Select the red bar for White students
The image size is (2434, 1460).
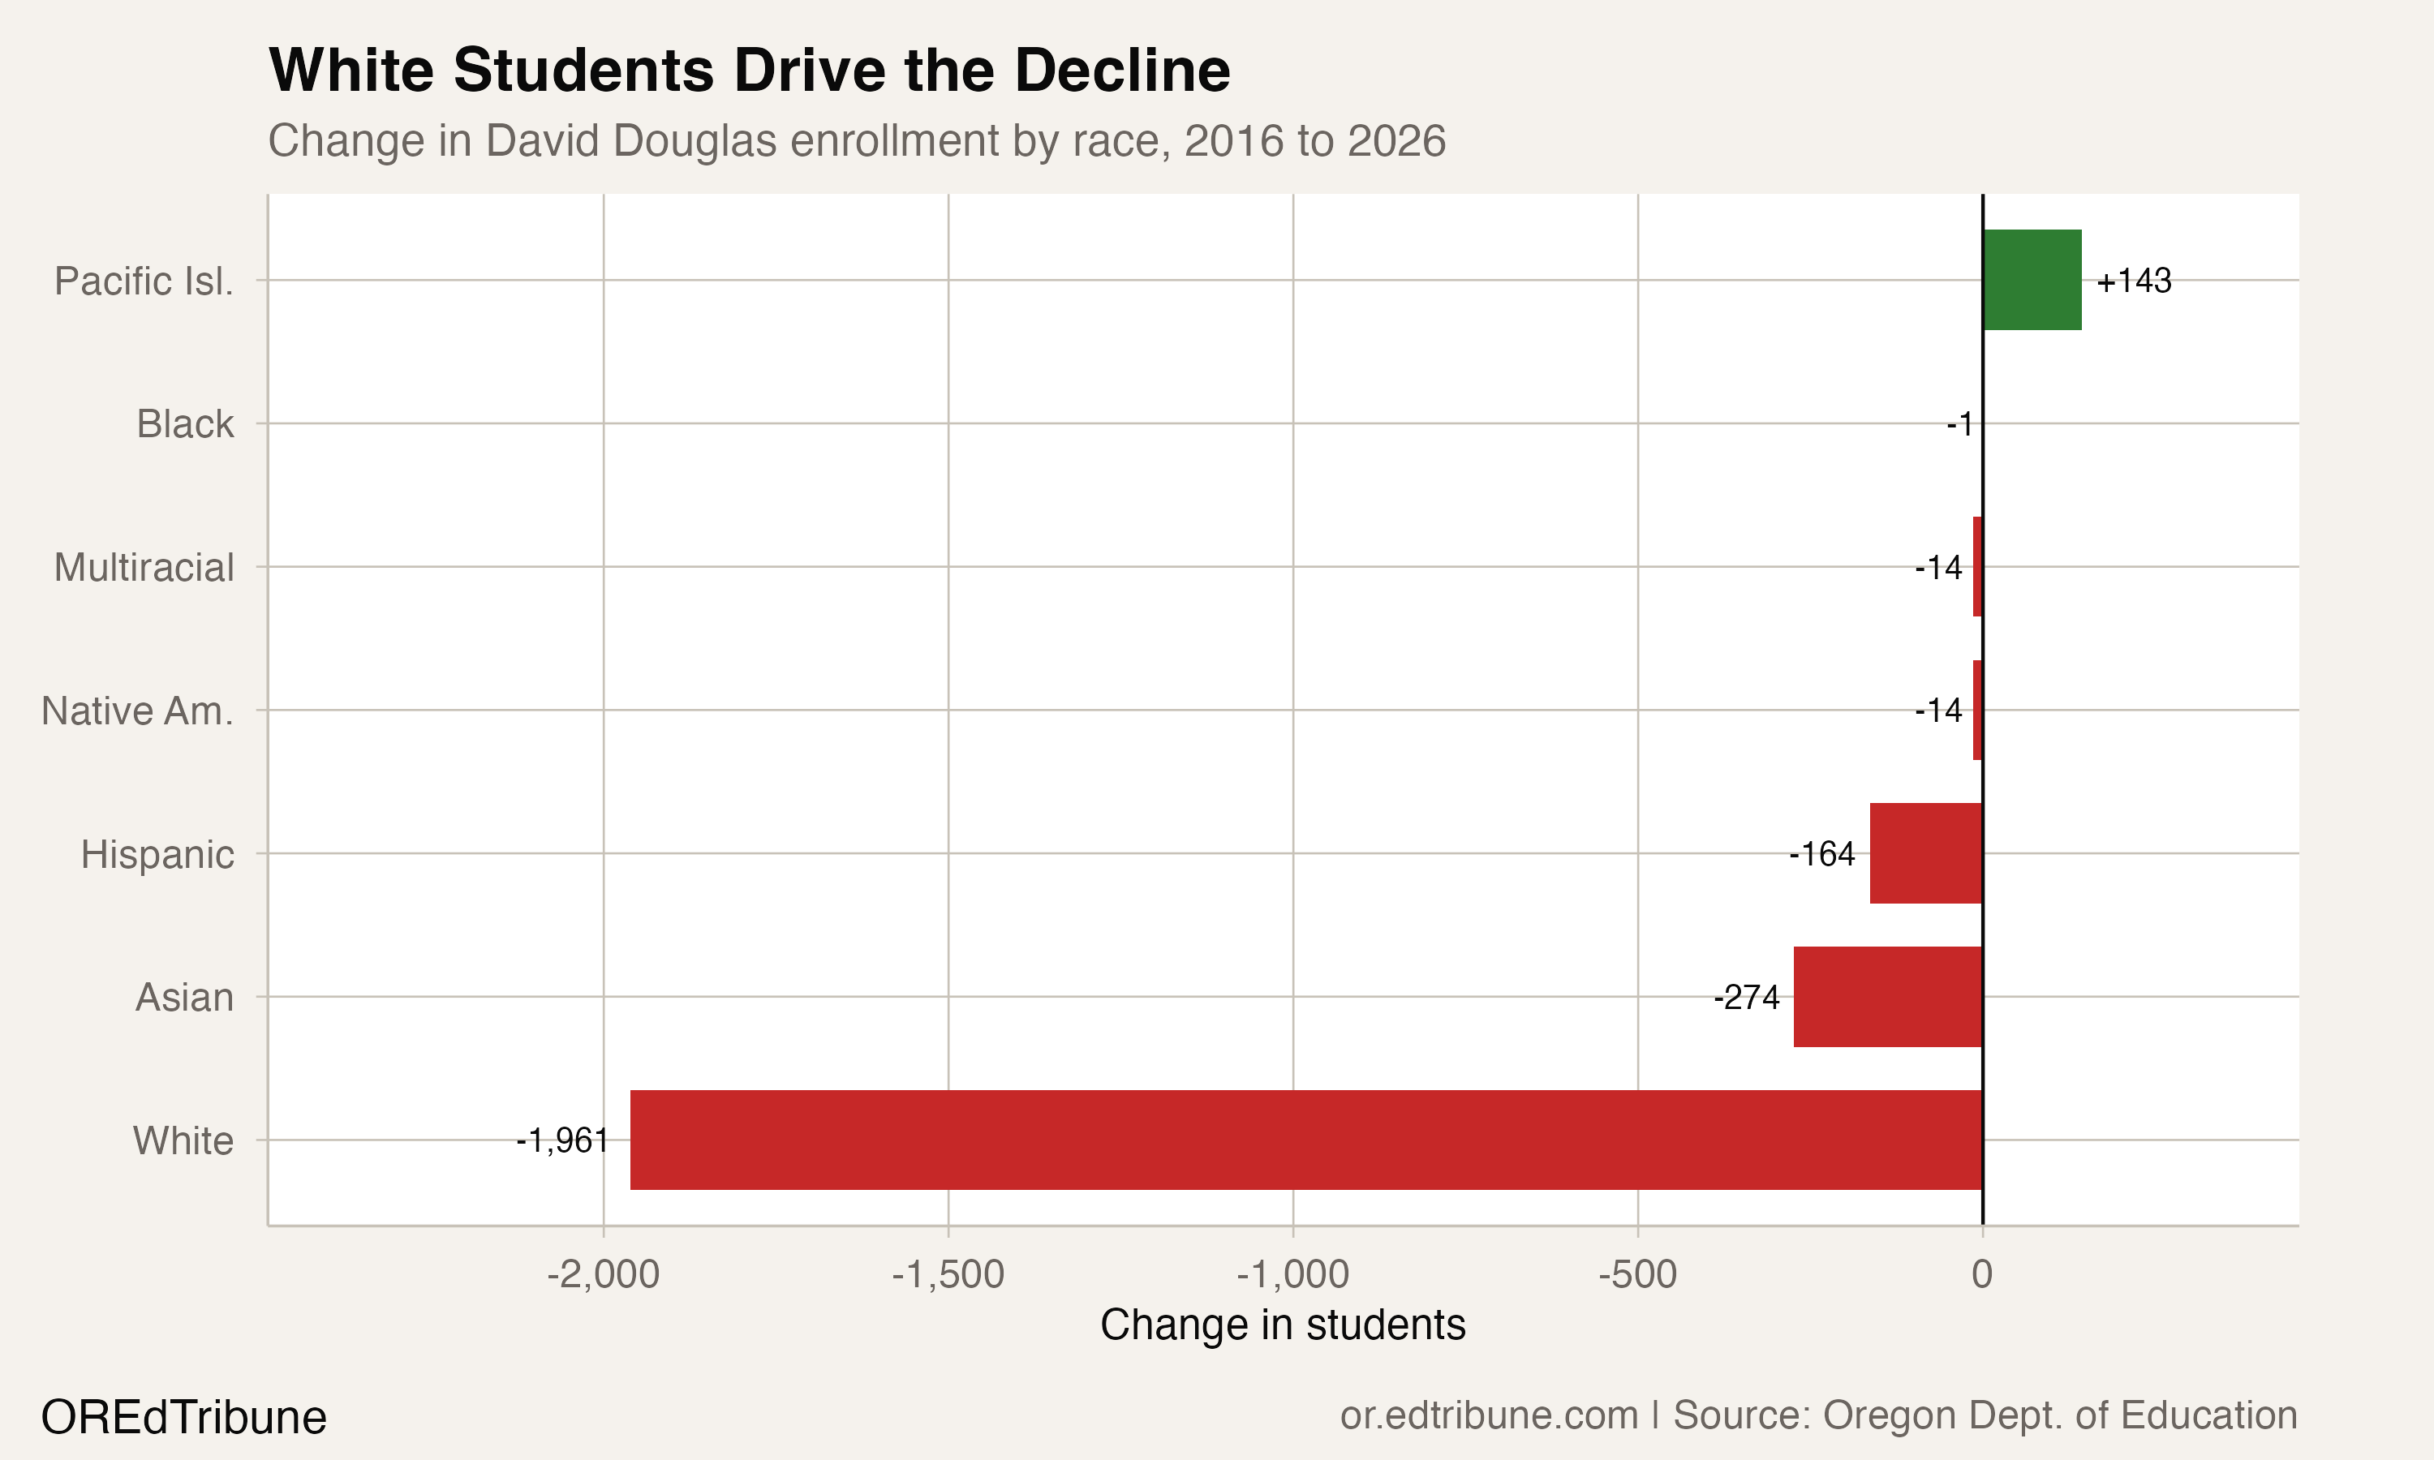tap(1305, 1140)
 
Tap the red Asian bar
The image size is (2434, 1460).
tap(1887, 997)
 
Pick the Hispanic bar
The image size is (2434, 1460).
tap(1925, 853)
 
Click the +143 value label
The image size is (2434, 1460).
tap(2133, 281)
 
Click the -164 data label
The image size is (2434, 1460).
tap(1822, 854)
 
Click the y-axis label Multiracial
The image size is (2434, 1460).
tap(144, 568)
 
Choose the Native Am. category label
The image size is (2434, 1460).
tap(137, 711)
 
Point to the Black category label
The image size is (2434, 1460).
tap(185, 424)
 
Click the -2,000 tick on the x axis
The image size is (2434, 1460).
tap(603, 1274)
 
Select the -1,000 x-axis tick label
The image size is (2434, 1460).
tap(1292, 1274)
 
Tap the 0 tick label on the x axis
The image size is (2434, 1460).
tap(1981, 1274)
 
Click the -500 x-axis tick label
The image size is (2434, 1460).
tap(1637, 1274)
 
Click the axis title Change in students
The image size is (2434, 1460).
tap(1282, 1325)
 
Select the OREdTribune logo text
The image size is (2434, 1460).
tap(184, 1418)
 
